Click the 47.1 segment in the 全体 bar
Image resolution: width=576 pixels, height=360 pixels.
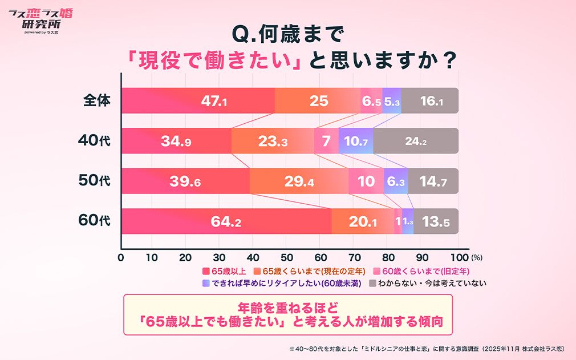tap(198, 101)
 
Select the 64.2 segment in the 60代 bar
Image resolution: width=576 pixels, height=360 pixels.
tap(227, 221)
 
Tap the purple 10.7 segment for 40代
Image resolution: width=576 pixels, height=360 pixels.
tap(356, 141)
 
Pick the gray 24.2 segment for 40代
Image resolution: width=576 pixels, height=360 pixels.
tap(416, 141)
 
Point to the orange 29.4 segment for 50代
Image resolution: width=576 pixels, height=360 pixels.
tap(299, 181)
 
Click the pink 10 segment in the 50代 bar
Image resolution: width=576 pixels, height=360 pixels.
tap(366, 181)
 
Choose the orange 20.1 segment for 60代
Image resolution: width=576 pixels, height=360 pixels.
tap(363, 221)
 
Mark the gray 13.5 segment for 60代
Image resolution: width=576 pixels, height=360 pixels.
tap(436, 221)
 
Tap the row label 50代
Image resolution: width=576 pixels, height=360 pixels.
tap(94, 181)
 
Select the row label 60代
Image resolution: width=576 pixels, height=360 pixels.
tap(94, 221)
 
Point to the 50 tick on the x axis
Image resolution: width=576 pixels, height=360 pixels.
tap(287, 257)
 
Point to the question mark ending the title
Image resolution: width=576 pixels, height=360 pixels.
tap(450, 60)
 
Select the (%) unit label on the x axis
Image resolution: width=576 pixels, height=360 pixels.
tap(477, 258)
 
